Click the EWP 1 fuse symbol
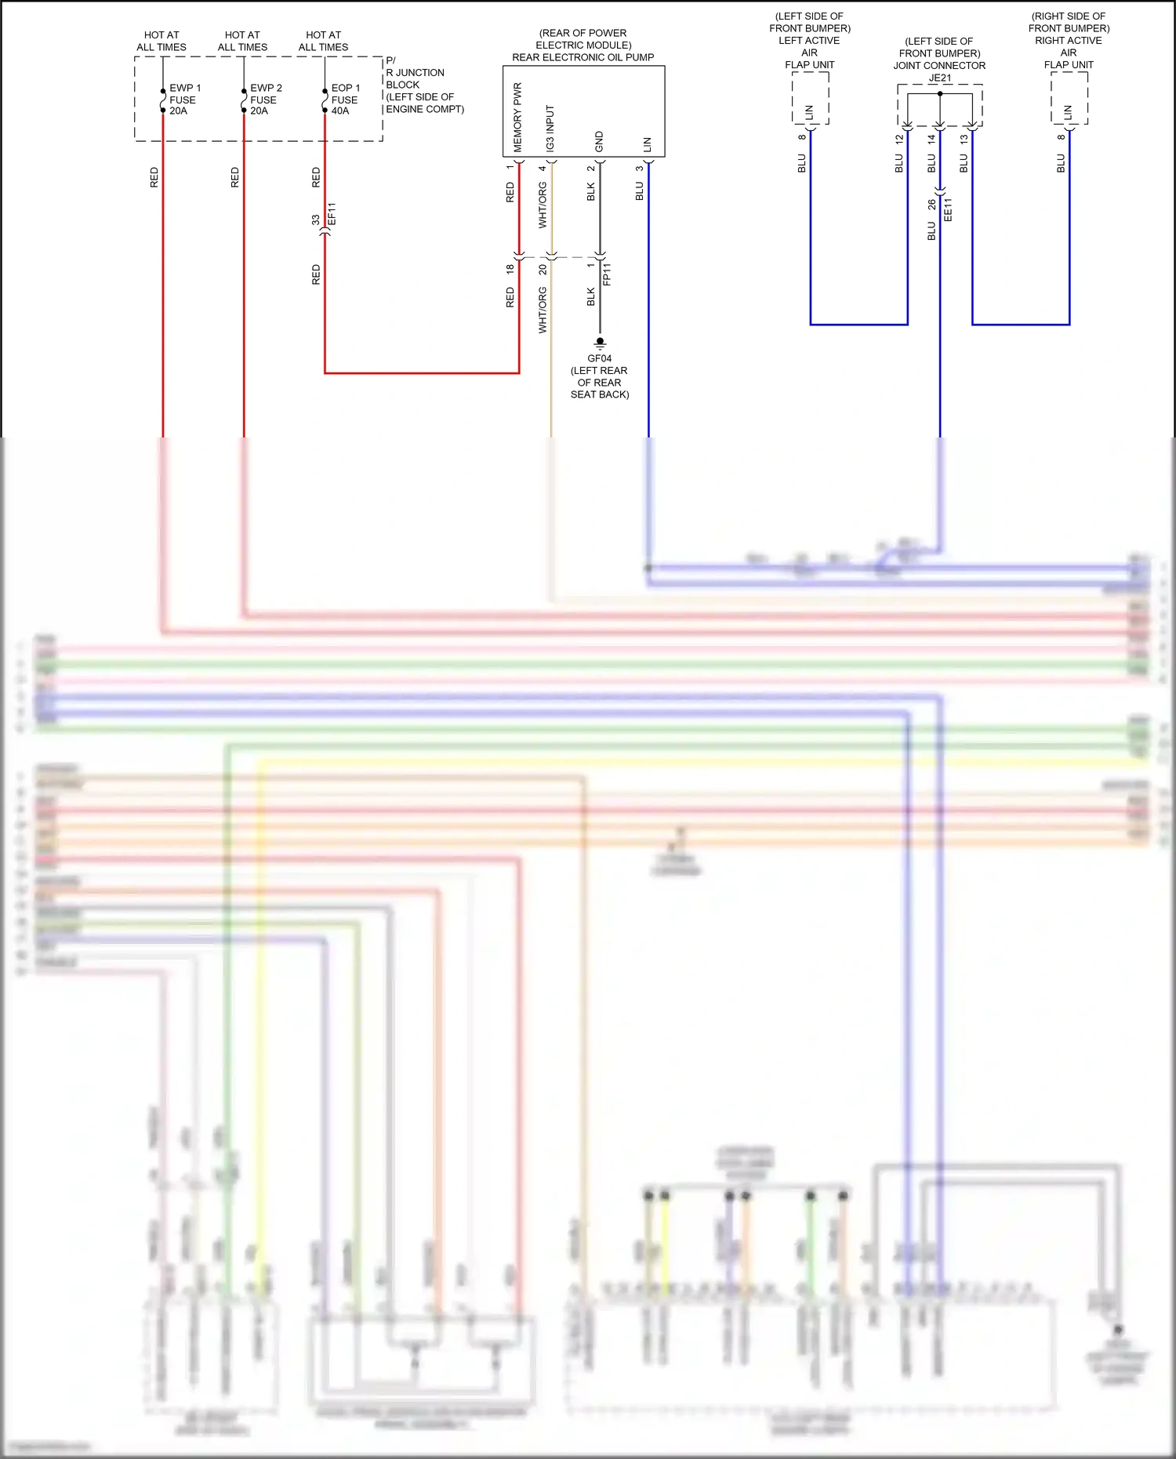(163, 101)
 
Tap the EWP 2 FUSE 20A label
(266, 100)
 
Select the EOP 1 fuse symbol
(325, 101)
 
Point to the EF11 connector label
(332, 214)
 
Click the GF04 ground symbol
(600, 343)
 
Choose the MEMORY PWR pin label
(517, 118)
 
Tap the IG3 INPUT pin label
(550, 129)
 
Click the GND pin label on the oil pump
(600, 142)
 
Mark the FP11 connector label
(607, 274)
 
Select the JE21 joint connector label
(940, 78)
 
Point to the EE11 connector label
(948, 210)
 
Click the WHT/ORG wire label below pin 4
(543, 205)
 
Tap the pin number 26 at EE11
(931, 205)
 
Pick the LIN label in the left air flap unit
(810, 113)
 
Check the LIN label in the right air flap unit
(1069, 113)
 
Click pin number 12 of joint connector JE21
(899, 139)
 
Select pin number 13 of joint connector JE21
(964, 139)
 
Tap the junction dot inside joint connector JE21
(940, 94)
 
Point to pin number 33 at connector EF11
(316, 220)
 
